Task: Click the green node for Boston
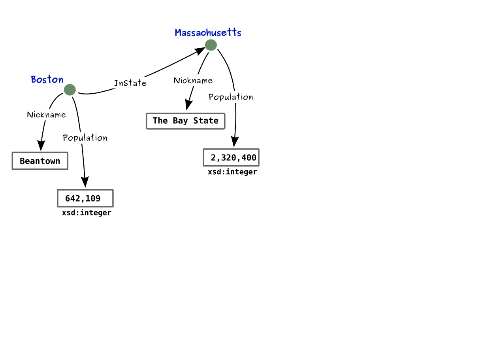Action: [x=70, y=90]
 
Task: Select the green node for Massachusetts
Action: [x=211, y=45]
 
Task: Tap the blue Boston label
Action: [x=47, y=79]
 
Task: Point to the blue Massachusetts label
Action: [x=208, y=33]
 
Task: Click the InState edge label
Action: [x=130, y=83]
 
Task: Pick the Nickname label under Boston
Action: [x=46, y=115]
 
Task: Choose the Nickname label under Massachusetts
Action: [x=193, y=81]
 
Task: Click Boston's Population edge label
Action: [x=85, y=138]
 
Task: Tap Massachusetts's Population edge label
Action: [x=231, y=97]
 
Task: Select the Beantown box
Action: [x=40, y=161]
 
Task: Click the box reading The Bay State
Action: [x=185, y=121]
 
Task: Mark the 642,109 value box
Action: [x=85, y=198]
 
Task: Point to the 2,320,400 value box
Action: [x=231, y=158]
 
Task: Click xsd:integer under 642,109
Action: [x=87, y=213]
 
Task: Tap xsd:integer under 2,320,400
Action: [x=232, y=172]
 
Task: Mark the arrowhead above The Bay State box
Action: [x=189, y=104]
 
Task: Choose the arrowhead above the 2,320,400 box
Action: [x=235, y=141]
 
